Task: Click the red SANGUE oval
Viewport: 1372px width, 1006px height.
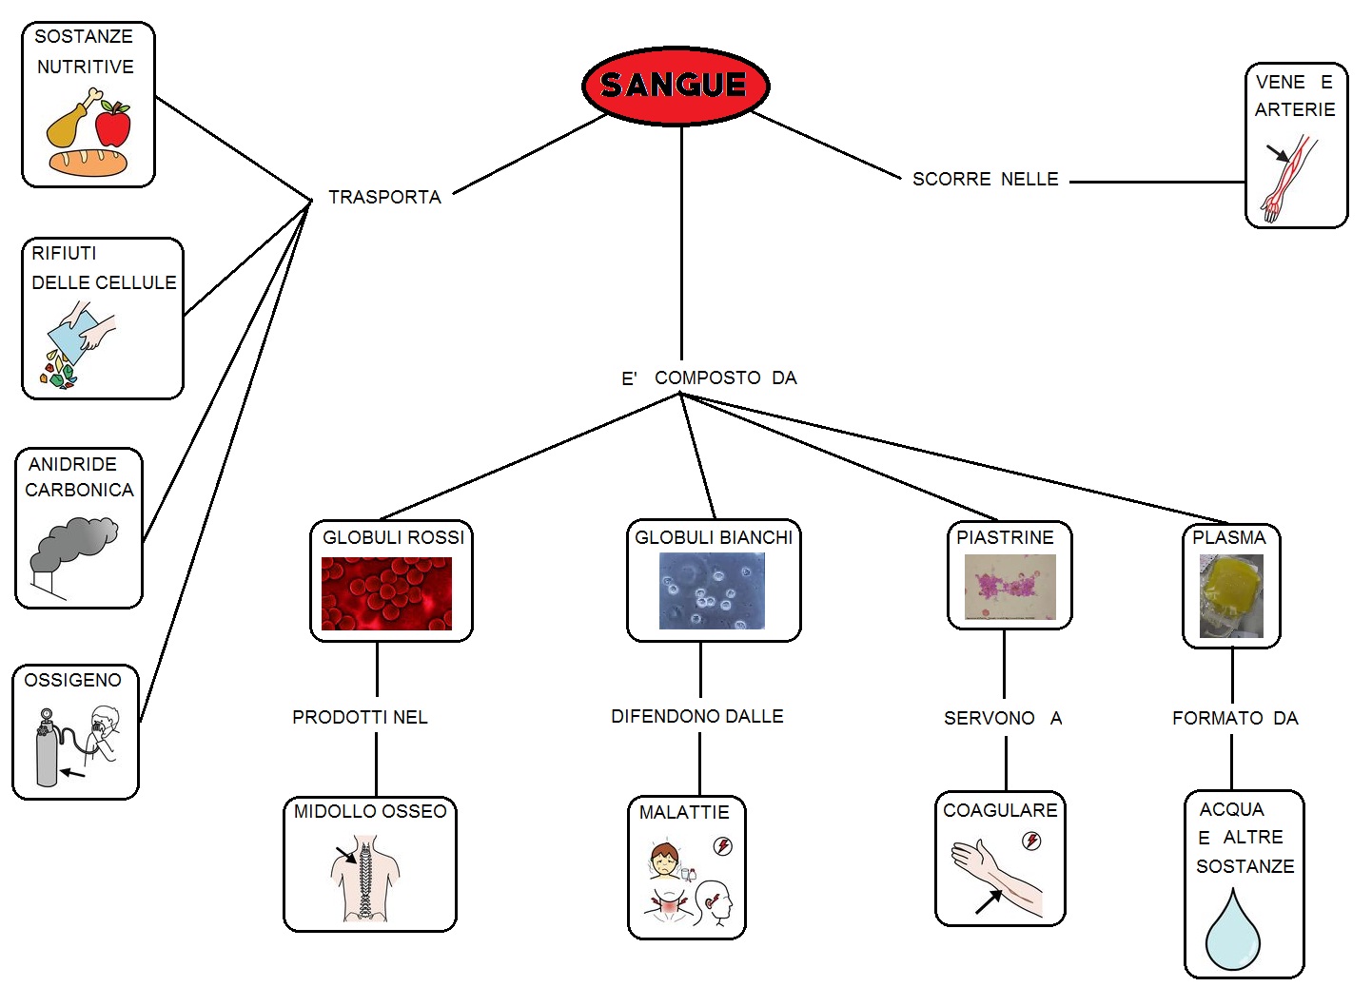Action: pos(675,85)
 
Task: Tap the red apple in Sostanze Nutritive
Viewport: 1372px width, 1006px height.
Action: pos(113,125)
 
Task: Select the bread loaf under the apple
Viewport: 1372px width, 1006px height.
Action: pos(88,162)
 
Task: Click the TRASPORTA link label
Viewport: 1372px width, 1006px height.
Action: pos(384,197)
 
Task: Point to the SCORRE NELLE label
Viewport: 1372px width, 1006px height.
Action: pos(985,179)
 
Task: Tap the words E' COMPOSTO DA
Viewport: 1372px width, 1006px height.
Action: pos(709,377)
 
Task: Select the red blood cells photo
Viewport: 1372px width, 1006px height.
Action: pos(386,593)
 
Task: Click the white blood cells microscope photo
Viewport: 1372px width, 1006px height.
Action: pos(712,590)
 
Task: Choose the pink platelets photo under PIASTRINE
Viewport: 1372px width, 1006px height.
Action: pos(1009,587)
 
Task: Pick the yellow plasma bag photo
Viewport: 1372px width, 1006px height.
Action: pos(1231,595)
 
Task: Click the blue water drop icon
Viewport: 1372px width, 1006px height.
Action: pos(1232,931)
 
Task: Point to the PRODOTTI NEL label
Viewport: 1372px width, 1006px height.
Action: pos(360,717)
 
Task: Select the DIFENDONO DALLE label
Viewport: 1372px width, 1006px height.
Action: pos(696,716)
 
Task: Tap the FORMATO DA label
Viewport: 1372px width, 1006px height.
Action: pos(1234,718)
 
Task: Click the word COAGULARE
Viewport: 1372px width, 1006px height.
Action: pos(999,810)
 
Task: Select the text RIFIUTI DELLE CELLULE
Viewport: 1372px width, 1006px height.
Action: pos(103,268)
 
